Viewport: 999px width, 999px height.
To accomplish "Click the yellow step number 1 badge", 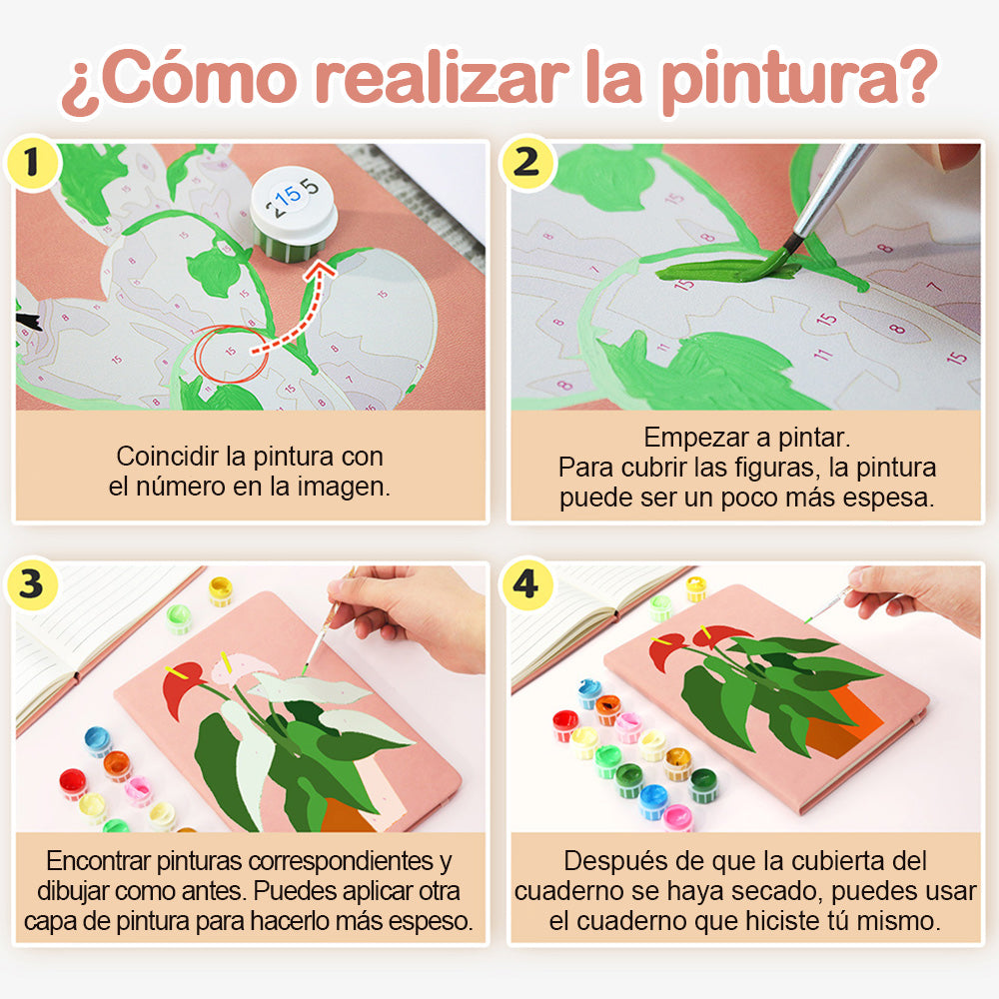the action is click(x=32, y=163).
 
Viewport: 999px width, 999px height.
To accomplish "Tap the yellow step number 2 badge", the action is click(x=526, y=163).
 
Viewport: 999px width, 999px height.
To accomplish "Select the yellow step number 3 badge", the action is click(x=32, y=584).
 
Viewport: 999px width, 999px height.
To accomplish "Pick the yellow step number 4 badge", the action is click(x=526, y=584).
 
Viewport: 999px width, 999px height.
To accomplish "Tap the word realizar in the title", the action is click(x=441, y=78).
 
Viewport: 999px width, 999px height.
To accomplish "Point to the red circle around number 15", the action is click(x=232, y=355).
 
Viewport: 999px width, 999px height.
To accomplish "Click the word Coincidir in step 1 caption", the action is click(x=169, y=457).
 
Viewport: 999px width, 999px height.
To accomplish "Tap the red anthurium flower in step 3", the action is click(x=182, y=687).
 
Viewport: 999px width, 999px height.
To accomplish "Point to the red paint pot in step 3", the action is click(x=73, y=783).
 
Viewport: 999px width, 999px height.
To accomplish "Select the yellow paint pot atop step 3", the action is click(x=221, y=590).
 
